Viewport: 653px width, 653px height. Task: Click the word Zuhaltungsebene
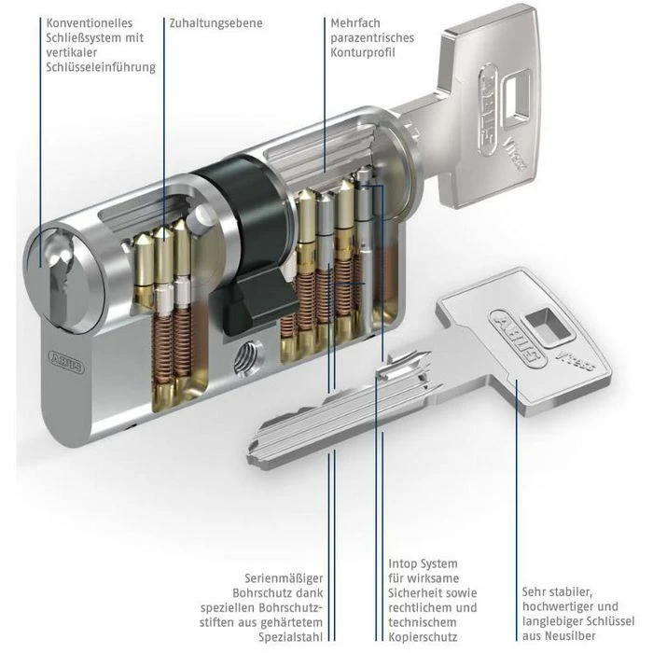pyautogui.click(x=215, y=23)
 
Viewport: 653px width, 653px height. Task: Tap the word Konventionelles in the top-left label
pyautogui.click(x=90, y=23)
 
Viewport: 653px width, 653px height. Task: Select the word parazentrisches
pyautogui.click(x=372, y=38)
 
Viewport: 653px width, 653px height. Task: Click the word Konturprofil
pyautogui.click(x=363, y=52)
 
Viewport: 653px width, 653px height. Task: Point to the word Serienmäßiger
pyautogui.click(x=284, y=578)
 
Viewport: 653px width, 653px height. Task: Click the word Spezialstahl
pyautogui.click(x=291, y=637)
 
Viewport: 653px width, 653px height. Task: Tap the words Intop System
pyautogui.click(x=423, y=563)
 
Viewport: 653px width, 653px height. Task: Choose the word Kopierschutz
pyautogui.click(x=423, y=637)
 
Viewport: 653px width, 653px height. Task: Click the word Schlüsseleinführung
pyautogui.click(x=101, y=67)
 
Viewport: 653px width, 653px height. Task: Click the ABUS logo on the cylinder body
pyautogui.click(x=66, y=361)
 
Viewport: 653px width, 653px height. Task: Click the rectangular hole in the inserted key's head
pyautogui.click(x=517, y=97)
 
